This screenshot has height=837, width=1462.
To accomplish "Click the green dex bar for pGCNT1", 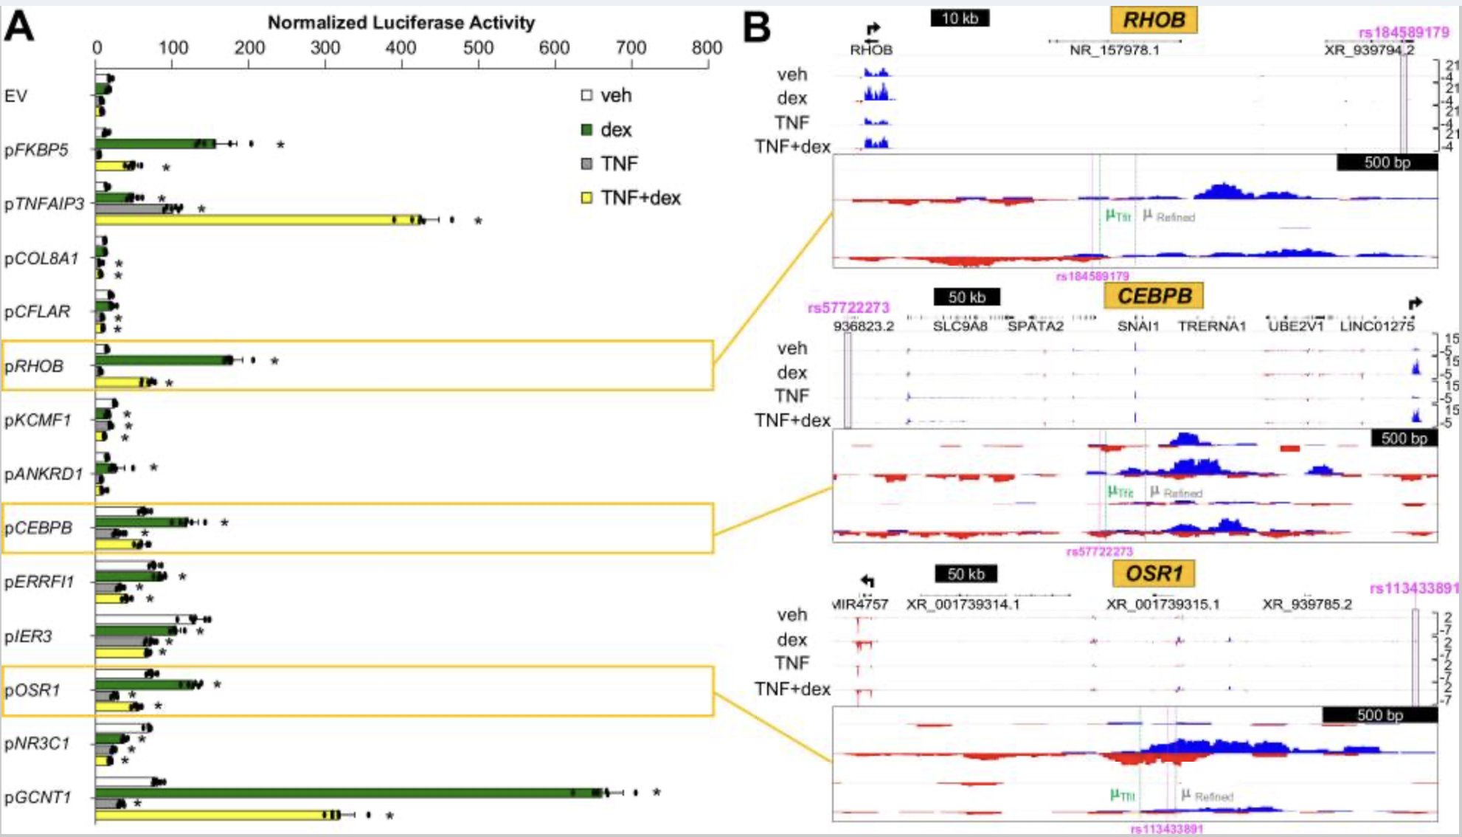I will click(347, 793).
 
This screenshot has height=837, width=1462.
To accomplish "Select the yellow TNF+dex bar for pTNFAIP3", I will click(258, 220).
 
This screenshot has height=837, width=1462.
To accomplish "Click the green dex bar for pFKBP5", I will click(155, 143).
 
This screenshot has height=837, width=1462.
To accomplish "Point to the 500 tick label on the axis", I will click(478, 48).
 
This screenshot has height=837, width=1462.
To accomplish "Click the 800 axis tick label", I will click(707, 48).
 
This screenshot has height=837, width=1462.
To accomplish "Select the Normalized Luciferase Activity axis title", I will click(401, 23).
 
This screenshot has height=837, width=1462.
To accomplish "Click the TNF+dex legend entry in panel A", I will click(631, 198).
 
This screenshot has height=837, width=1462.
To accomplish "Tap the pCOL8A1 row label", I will click(41, 258).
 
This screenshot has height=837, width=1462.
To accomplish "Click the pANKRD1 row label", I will click(44, 474).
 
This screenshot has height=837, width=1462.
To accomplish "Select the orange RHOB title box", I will click(1154, 20).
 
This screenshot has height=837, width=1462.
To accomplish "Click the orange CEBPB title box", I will click(1154, 296).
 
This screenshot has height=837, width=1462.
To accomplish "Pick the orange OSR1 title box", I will click(1154, 573).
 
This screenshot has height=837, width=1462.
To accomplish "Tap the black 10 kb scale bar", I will click(960, 18).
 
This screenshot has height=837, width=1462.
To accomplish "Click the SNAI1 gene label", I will click(1138, 326).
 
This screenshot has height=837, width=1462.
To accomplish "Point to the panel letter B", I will click(757, 28).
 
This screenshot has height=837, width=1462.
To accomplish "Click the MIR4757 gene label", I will click(861, 604).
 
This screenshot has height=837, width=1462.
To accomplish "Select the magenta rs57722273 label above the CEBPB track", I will click(848, 307).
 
